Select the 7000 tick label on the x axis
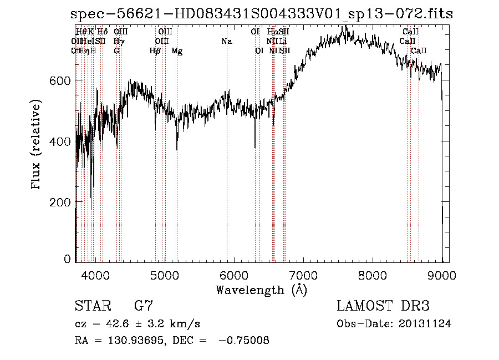pyautogui.click(x=303, y=274)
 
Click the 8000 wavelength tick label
pyautogui.click(x=372, y=274)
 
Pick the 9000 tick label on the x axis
pyautogui.click(x=441, y=274)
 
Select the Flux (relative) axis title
pyautogui.click(x=37, y=145)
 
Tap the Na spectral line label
pyautogui.click(x=226, y=42)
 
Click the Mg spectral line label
pyautogui.click(x=177, y=51)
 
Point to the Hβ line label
pyautogui.click(x=155, y=51)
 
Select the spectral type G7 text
pyautogui.click(x=144, y=306)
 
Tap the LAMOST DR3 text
pyautogui.click(x=383, y=306)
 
